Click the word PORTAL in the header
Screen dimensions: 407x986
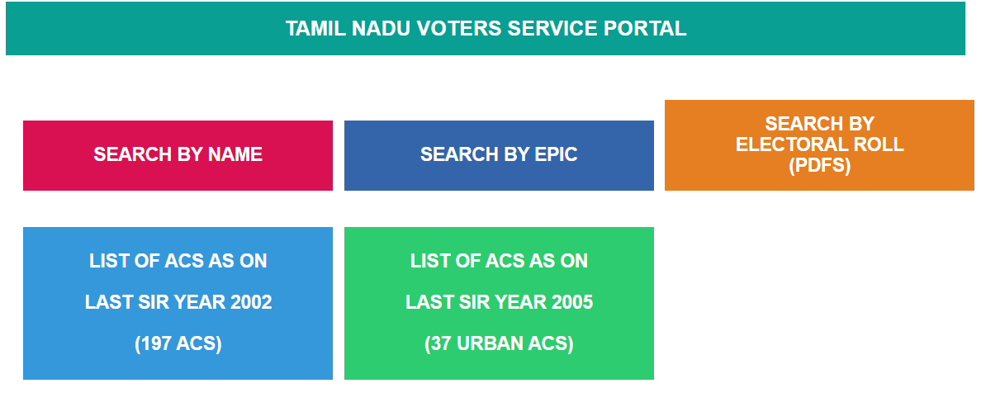click(646, 29)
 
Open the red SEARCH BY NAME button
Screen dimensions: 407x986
click(178, 155)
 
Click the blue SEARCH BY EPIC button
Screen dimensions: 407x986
click(499, 155)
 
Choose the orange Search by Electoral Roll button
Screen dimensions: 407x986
click(819, 145)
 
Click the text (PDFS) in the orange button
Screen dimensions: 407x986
click(819, 165)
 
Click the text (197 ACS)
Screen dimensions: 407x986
click(178, 343)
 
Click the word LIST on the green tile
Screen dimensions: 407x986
click(429, 261)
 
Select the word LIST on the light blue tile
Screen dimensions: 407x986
click(108, 261)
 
